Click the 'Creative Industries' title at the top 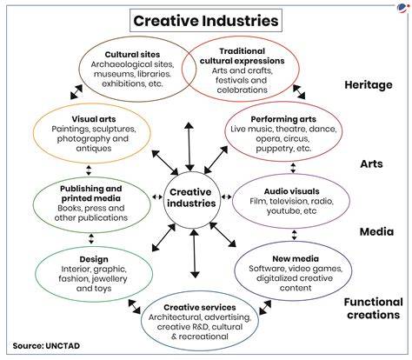pos(206,21)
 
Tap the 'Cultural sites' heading pos(132,55)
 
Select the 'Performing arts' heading pos(283,119)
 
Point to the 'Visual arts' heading pos(94,119)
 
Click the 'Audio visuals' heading pos(291,191)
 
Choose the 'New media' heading pos(296,258)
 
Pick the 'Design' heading pos(94,259)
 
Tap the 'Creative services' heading pos(200,307)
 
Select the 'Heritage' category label pos(369,84)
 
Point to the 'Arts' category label pos(371,163)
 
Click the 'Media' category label pos(376,231)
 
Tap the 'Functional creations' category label pos(374,309)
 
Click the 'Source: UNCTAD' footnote pos(46,346)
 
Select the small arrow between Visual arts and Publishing pos(89,170)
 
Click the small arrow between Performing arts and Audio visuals pos(293,168)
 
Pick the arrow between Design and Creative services pos(135,306)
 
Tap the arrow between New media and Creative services pos(265,308)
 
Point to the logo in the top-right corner pos(403,7)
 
